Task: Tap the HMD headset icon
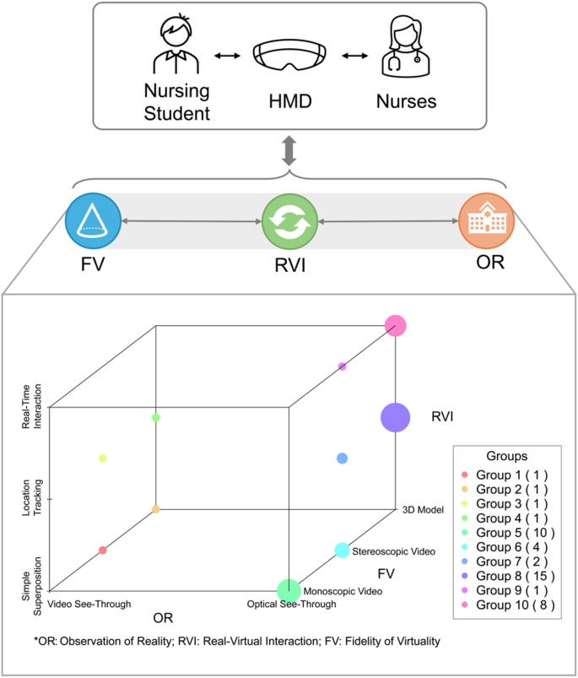point(289,56)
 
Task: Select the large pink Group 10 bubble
point(396,325)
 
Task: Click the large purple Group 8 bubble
point(395,417)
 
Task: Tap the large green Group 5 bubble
point(289,589)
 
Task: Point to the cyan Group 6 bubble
point(342,550)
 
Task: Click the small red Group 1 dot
point(103,550)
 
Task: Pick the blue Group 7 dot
point(342,458)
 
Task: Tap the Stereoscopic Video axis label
point(393,551)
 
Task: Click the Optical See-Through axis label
point(291,605)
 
